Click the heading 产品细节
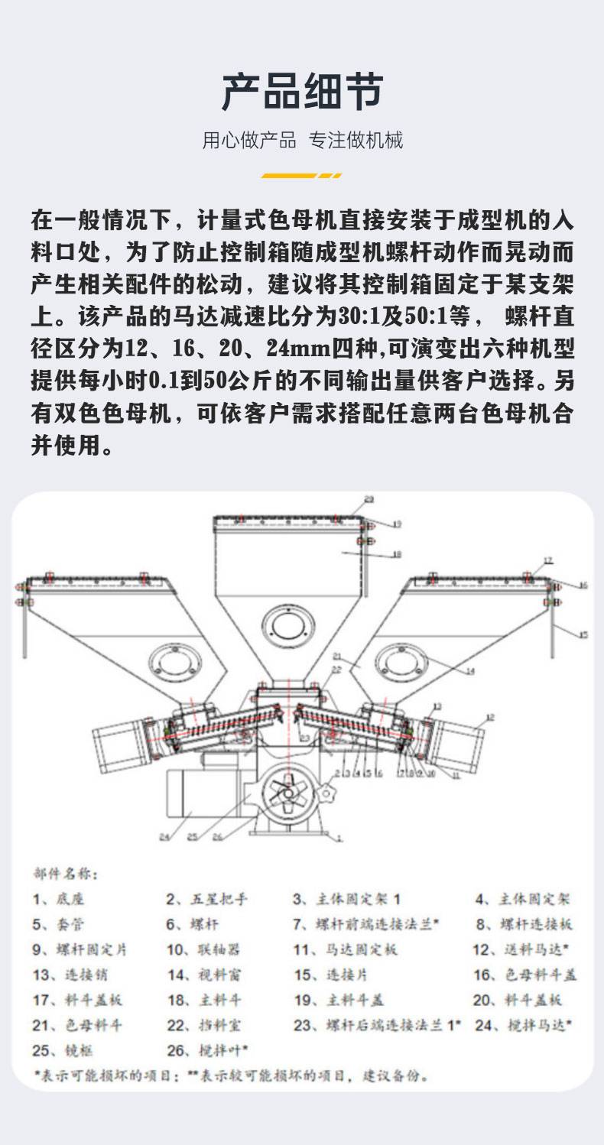(x=302, y=93)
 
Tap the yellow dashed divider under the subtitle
(x=302, y=176)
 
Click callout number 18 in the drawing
(x=396, y=555)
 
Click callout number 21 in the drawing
(x=337, y=656)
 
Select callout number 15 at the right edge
(x=583, y=634)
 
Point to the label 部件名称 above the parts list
(x=65, y=873)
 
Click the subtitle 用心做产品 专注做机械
(x=302, y=141)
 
